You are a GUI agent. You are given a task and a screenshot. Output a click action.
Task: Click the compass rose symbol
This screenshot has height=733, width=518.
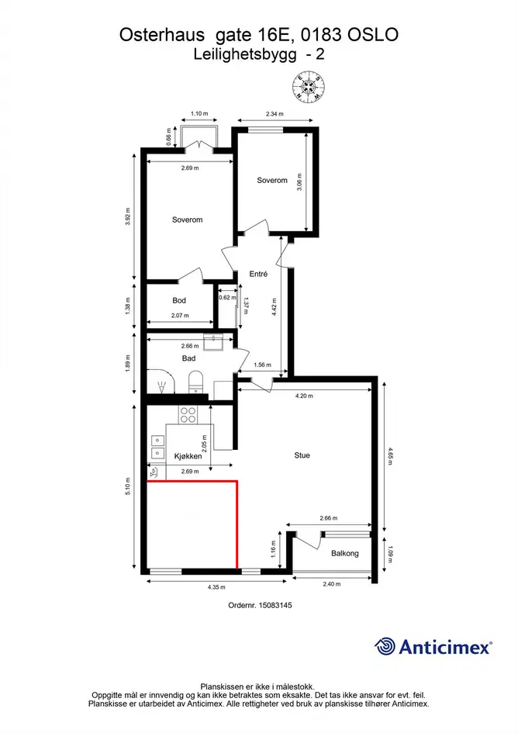coord(308,86)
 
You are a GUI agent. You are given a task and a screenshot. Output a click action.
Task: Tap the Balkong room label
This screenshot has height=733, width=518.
coord(345,553)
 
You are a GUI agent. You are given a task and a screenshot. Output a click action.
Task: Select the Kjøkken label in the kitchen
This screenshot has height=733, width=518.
coord(188,456)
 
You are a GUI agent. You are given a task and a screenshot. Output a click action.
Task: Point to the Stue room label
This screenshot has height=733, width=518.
coord(302,455)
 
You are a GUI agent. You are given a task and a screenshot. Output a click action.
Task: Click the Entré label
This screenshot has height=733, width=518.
coord(258,274)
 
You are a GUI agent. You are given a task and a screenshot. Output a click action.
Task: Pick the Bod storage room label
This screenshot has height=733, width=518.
coord(179,301)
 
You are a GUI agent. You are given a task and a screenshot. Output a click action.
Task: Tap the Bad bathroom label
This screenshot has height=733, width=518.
coord(189,358)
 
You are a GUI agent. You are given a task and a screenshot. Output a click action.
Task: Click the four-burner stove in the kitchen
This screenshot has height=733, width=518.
coord(188,415)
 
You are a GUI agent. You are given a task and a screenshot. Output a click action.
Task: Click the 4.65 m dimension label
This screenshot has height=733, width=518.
coord(391,456)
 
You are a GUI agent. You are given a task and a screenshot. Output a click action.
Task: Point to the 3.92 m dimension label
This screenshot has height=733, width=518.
coord(128,216)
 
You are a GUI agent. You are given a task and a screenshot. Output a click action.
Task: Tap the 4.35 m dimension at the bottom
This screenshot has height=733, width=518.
coord(216,587)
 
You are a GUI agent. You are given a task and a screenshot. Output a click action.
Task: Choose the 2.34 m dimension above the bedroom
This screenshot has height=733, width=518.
coord(275,113)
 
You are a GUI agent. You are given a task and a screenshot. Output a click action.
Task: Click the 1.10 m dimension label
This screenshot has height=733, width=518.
coord(199,113)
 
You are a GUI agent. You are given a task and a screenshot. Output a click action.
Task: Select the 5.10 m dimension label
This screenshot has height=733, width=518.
coord(128,486)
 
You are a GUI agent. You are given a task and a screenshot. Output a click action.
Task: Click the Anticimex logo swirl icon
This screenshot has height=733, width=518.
coord(385,647)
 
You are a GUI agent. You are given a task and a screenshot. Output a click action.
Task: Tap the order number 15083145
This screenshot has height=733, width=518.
coord(275,605)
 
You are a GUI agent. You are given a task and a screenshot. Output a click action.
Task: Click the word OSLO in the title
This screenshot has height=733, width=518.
coord(373,35)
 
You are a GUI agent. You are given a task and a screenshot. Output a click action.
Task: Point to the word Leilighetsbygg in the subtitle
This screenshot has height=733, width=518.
coord(246,55)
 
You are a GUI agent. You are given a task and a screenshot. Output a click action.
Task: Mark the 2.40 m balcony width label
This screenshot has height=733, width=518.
coord(331,584)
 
